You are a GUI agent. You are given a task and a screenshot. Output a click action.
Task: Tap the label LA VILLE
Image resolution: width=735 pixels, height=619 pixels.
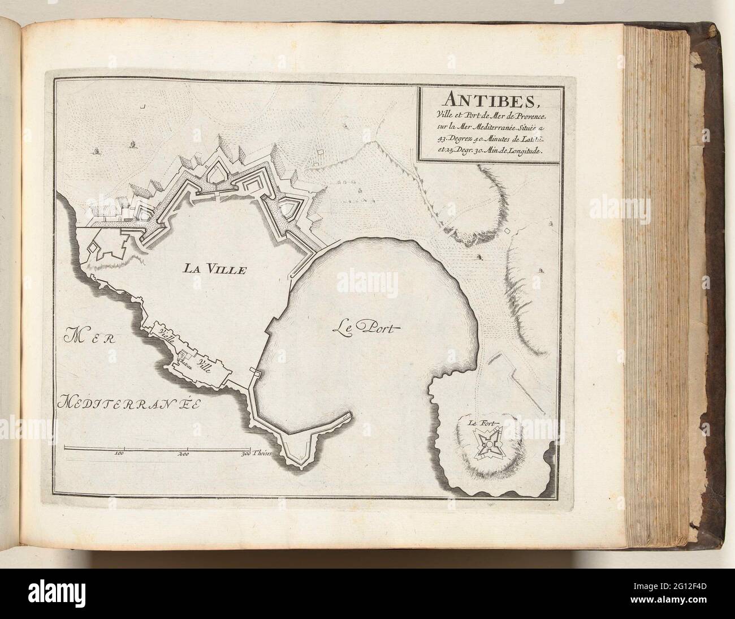pyautogui.click(x=214, y=269)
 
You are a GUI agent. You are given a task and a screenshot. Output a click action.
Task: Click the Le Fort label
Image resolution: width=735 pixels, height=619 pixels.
pyautogui.click(x=478, y=422)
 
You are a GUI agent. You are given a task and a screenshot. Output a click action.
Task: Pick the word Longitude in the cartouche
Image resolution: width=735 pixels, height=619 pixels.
pyautogui.click(x=521, y=151)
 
